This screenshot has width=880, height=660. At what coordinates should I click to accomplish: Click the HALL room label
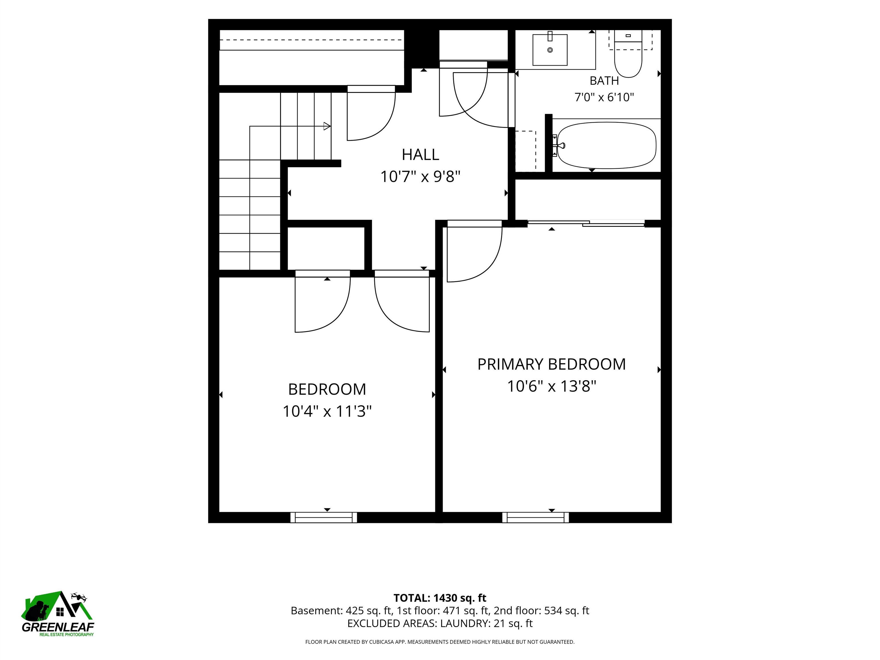click(420, 154)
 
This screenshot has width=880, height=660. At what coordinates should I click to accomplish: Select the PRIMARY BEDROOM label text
click(551, 364)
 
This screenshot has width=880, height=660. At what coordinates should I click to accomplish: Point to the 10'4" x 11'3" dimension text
click(327, 411)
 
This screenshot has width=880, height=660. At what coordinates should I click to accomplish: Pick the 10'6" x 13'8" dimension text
click(551, 386)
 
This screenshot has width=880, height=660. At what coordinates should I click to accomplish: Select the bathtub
click(606, 145)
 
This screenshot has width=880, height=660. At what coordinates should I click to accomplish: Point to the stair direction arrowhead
click(327, 127)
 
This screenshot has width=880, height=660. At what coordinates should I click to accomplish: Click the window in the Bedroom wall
click(323, 517)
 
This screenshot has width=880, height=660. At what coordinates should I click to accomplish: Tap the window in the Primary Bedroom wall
click(535, 517)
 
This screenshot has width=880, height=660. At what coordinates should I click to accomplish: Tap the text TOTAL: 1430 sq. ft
click(440, 598)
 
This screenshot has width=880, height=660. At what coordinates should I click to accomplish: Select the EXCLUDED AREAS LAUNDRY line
click(440, 623)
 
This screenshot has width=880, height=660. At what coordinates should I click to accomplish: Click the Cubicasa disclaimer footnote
click(440, 642)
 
